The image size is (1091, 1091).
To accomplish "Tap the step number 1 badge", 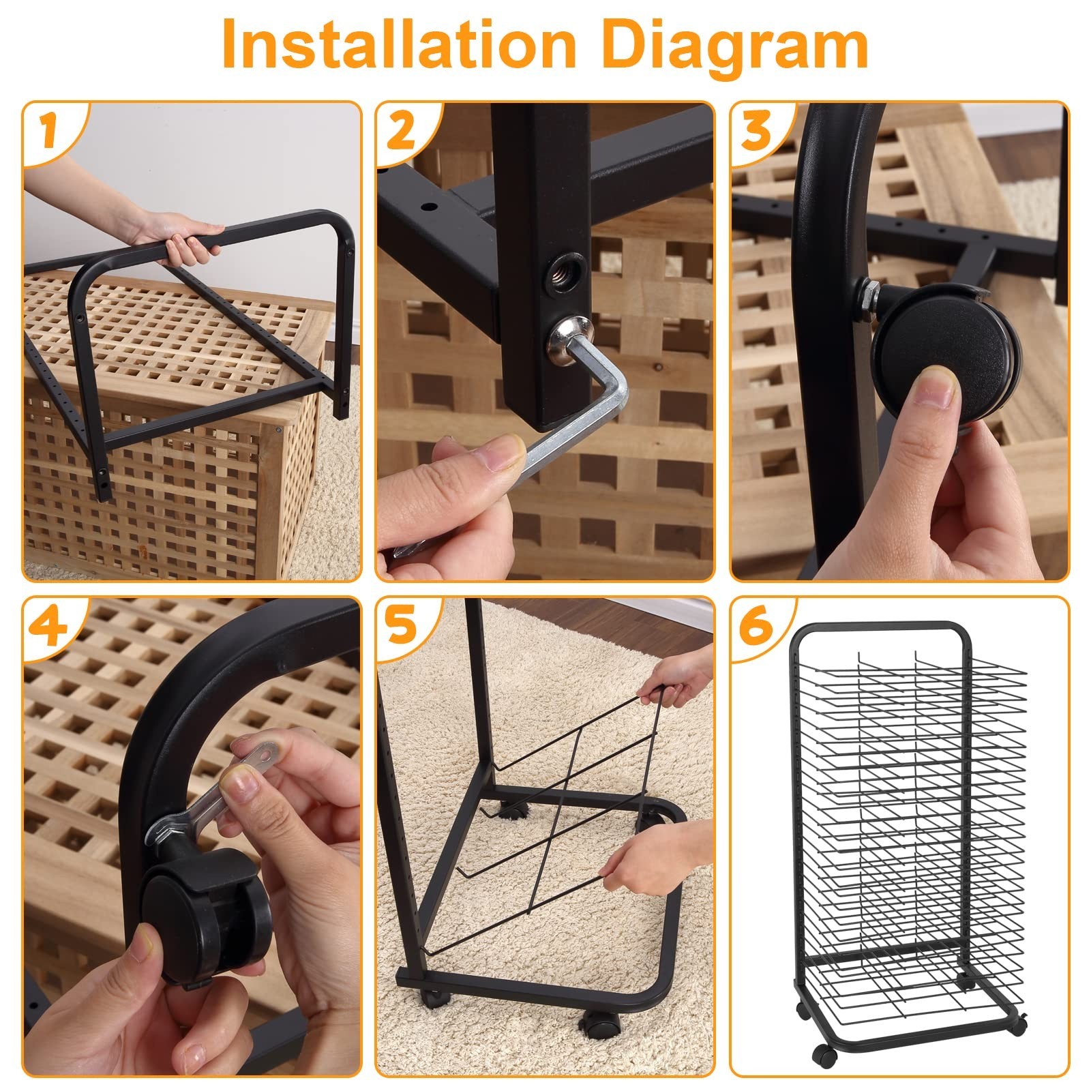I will coord(48,131).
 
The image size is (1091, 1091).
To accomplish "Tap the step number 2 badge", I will coord(400,131).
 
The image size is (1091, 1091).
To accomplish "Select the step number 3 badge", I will coord(756,131).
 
